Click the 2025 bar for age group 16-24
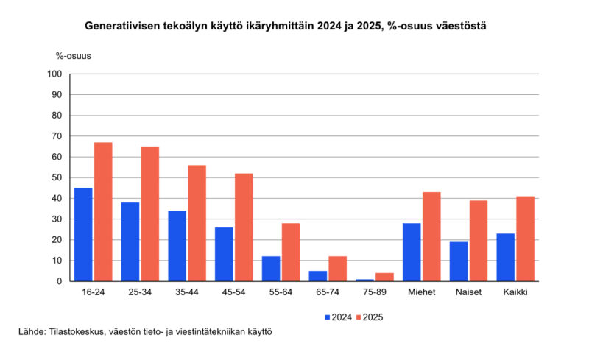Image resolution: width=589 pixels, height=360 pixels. coord(103,212)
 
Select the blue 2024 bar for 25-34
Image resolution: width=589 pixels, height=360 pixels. coord(130,241)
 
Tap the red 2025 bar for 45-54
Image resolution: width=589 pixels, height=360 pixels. coord(244,227)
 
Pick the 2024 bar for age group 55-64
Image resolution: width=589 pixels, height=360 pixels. coord(270,269)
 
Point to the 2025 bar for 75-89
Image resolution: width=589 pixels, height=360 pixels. coord(384,277)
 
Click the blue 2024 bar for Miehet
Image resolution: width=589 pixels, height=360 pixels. coord(412,252)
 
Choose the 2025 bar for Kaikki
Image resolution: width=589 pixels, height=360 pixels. coord(525,239)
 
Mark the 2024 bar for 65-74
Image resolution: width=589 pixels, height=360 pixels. coord(317,276)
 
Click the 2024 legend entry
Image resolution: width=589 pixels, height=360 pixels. coord(339,317)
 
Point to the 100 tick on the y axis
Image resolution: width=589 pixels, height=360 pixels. coord(54,74)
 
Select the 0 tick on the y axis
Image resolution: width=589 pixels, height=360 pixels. coord(58,281)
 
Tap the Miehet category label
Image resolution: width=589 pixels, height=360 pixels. coord(420,293)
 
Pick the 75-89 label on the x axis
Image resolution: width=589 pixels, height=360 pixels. coord(374,293)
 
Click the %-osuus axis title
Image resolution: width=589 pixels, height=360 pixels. coord(73,55)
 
